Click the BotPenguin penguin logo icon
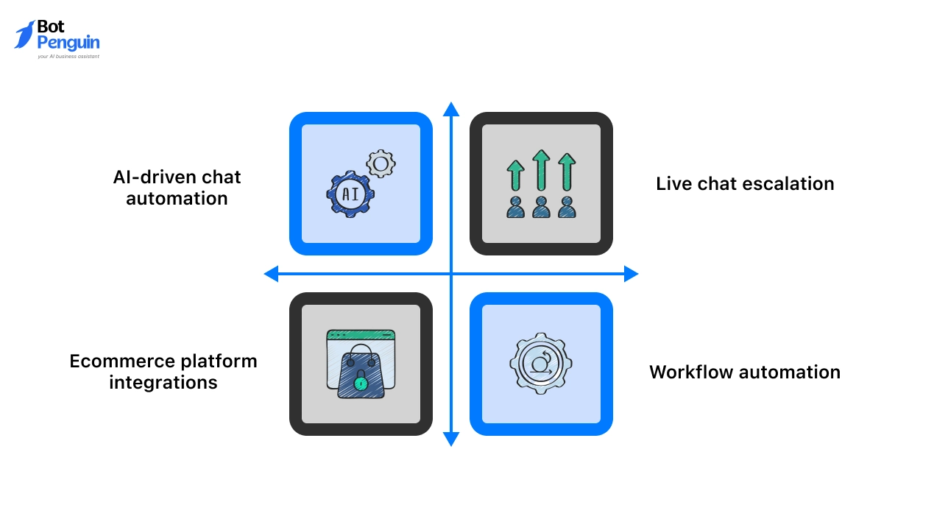[x=24, y=35]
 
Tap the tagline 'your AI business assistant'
[x=68, y=56]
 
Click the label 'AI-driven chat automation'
[x=177, y=188]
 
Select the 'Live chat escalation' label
[x=745, y=183]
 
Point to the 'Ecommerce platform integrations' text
[x=163, y=372]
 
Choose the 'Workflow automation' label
[x=744, y=372]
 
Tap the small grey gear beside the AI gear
[x=381, y=163]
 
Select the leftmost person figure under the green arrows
[x=516, y=208]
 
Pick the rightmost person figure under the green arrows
[x=566, y=208]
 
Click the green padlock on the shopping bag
[x=360, y=383]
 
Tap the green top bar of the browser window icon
[x=361, y=336]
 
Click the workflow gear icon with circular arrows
[x=541, y=364]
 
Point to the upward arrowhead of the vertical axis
[x=451, y=110]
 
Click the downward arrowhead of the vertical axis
[x=451, y=439]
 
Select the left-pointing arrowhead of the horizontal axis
[x=271, y=275]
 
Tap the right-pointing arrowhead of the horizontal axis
[x=631, y=275]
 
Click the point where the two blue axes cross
[x=451, y=275]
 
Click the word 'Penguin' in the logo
[x=68, y=43]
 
